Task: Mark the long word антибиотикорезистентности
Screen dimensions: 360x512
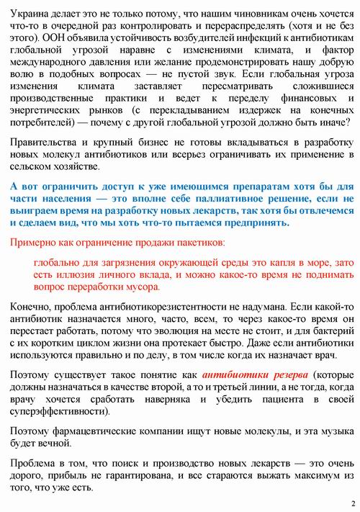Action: pos(176,308)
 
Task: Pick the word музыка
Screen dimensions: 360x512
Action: pos(330,431)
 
